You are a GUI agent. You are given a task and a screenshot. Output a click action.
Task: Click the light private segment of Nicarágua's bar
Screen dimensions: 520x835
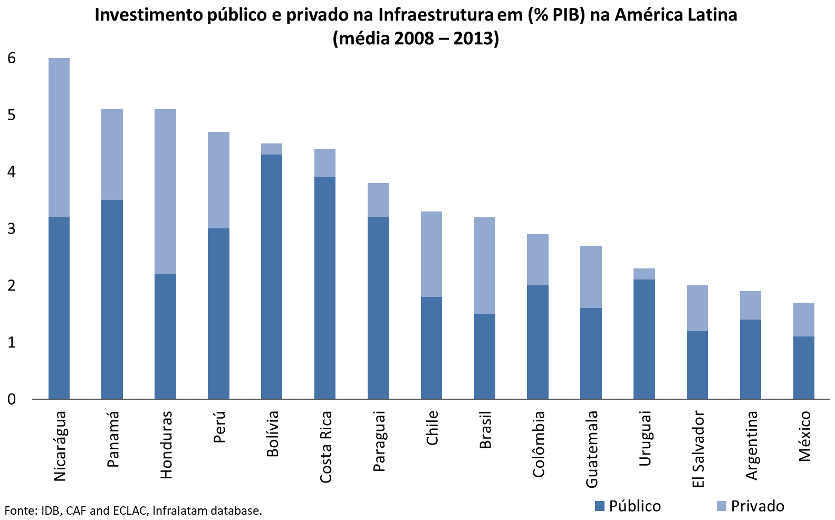tap(59, 137)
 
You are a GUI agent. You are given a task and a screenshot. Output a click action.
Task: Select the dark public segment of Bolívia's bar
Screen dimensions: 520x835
tap(272, 276)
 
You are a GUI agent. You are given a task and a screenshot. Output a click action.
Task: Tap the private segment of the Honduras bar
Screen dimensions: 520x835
tap(165, 191)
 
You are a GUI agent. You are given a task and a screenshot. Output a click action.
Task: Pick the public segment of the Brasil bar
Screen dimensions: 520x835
tap(484, 356)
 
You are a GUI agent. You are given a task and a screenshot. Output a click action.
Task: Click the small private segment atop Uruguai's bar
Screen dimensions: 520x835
tap(644, 274)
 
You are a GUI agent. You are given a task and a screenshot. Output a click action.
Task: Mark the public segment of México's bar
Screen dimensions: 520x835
tap(803, 367)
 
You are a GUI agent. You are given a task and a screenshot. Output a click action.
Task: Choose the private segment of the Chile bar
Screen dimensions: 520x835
tap(431, 254)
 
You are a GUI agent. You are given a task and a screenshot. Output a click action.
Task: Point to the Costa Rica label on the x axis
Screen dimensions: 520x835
tap(325, 447)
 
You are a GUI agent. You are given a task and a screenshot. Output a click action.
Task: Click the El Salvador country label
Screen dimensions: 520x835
tap(698, 449)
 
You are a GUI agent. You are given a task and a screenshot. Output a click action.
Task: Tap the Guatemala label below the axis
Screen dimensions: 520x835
tap(591, 449)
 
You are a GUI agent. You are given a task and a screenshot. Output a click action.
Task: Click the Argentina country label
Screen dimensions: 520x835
tap(751, 445)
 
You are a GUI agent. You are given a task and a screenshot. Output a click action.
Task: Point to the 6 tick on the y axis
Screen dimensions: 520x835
tap(12, 58)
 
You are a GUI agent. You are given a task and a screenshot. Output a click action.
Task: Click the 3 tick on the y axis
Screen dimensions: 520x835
tap(12, 229)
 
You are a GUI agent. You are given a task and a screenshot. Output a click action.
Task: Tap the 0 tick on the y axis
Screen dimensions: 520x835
tap(12, 399)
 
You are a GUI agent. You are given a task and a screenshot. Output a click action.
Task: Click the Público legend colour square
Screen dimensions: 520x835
tap(599, 506)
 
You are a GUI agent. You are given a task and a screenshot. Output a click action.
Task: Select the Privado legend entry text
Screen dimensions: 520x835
tap(757, 506)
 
